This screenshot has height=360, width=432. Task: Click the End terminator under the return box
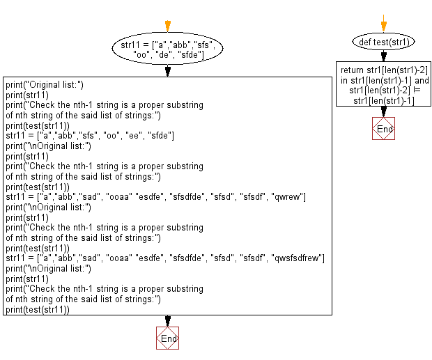pyautogui.click(x=383, y=130)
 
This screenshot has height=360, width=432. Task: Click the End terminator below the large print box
pyautogui.click(x=167, y=338)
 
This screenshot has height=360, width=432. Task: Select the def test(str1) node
pyautogui.click(x=383, y=42)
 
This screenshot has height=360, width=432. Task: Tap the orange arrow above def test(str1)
pyautogui.click(x=383, y=22)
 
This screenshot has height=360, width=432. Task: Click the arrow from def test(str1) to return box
pyautogui.click(x=383, y=56)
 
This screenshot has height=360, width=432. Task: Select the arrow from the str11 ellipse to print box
pyautogui.click(x=167, y=70)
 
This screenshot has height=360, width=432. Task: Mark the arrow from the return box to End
pyautogui.click(x=383, y=111)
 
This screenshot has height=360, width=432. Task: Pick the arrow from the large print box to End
pyautogui.click(x=167, y=321)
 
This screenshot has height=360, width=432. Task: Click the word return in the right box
pyautogui.click(x=352, y=70)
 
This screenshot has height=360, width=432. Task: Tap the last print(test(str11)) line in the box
pyautogui.click(x=38, y=310)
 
